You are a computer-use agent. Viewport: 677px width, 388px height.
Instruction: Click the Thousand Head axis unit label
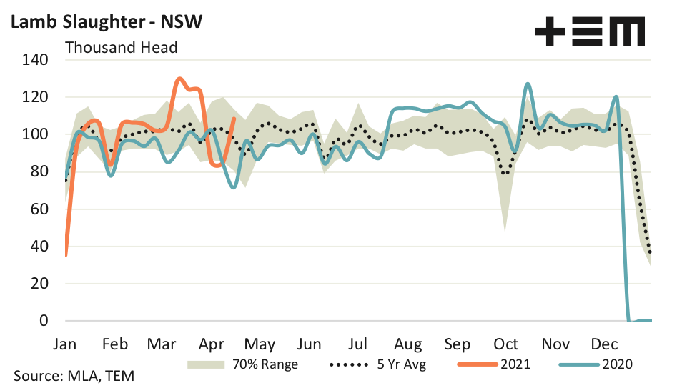point(121,48)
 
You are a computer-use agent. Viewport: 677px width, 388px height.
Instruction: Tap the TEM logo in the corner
point(590,32)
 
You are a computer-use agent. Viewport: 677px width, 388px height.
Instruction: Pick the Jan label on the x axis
point(64,344)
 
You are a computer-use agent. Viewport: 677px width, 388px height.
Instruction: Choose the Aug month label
point(408,344)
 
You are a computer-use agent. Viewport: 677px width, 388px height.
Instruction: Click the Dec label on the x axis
point(605,344)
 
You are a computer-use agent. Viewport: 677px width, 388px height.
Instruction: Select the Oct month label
point(506,344)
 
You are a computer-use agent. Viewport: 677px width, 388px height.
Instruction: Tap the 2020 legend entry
point(616,364)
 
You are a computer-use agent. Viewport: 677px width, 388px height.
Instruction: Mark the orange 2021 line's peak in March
point(179,79)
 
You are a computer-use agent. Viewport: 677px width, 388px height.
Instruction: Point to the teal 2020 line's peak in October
point(527,84)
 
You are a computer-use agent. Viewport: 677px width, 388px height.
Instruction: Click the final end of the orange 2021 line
point(234,119)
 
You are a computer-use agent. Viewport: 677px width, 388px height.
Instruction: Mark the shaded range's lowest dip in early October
point(505,231)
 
